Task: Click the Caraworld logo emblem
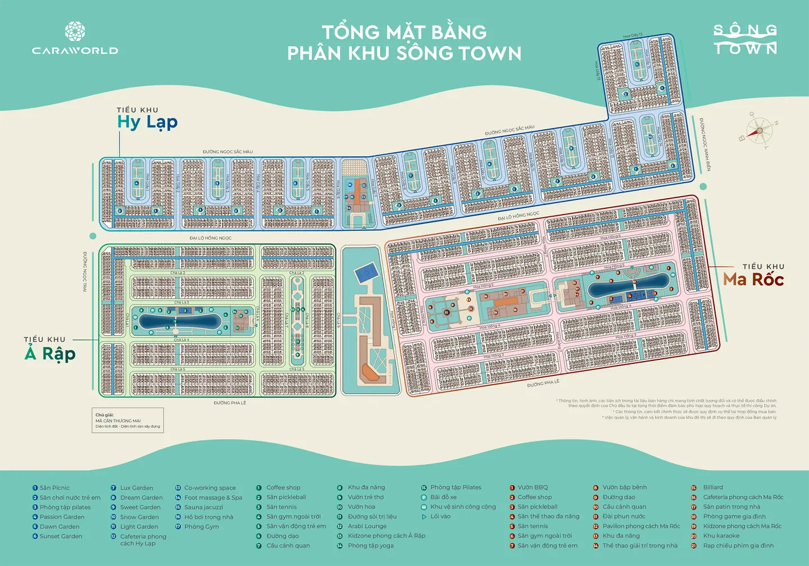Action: pyautogui.click(x=75, y=31)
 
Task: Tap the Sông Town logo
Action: pyautogui.click(x=745, y=39)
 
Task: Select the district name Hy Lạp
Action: pyautogui.click(x=147, y=122)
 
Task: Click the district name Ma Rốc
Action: pyautogui.click(x=753, y=279)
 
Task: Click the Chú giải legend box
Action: pyautogui.click(x=128, y=420)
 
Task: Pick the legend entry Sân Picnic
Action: pyautogui.click(x=54, y=488)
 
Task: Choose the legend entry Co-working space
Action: pyautogui.click(x=210, y=488)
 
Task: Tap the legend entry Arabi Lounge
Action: pyautogui.click(x=367, y=526)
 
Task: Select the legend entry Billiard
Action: pyautogui.click(x=713, y=487)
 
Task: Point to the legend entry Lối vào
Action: pyautogui.click(x=440, y=516)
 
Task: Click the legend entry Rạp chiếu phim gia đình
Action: pyautogui.click(x=738, y=545)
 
